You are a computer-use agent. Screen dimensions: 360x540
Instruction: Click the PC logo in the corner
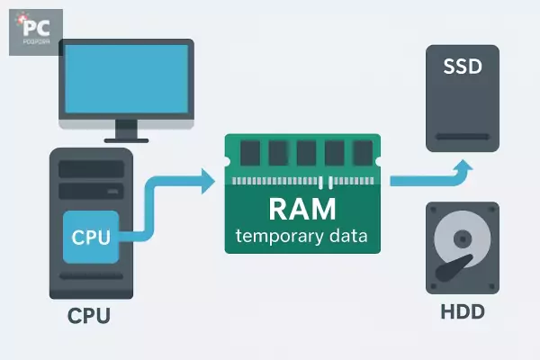coord(35,31)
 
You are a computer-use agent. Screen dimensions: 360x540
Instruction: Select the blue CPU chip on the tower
coord(92,238)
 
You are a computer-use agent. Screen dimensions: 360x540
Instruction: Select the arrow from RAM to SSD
coord(432,177)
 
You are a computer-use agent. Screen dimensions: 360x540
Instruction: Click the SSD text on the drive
coord(462,67)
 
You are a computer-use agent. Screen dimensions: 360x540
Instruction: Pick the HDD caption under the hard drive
coord(463,313)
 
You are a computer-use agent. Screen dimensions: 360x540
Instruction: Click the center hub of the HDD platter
coord(463,239)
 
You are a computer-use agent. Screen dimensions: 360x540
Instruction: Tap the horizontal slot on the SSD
coord(462,138)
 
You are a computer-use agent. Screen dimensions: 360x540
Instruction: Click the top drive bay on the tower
coord(92,168)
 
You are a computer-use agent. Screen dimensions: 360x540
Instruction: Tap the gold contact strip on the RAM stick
coord(302,181)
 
